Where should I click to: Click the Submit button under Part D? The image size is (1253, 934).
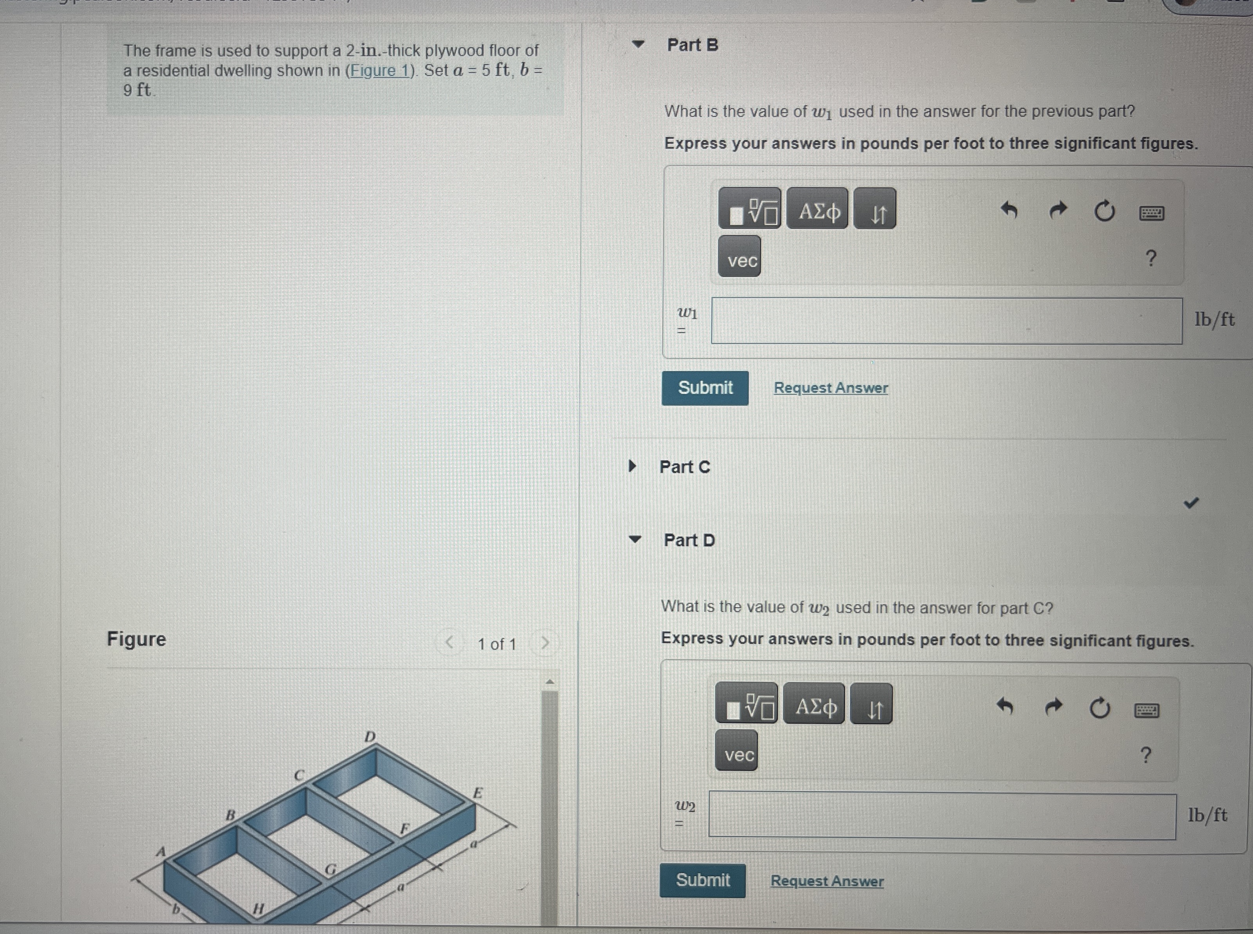point(702,880)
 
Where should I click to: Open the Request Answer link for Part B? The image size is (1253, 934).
point(831,388)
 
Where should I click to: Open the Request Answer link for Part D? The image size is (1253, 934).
point(828,881)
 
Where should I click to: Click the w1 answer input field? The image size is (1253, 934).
point(947,321)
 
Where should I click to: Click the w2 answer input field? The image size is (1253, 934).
point(943,816)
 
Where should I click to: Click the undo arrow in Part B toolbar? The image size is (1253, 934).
point(1009,210)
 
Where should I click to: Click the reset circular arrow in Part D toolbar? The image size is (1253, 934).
point(1100,707)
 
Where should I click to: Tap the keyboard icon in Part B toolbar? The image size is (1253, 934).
point(1151,213)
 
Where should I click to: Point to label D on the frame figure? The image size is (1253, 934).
point(370,737)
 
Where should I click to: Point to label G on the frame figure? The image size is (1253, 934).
point(330,869)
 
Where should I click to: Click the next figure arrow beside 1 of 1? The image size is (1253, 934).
point(545,643)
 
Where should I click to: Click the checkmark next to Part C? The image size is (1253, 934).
point(1191,503)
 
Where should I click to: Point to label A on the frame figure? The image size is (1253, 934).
point(162,851)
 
